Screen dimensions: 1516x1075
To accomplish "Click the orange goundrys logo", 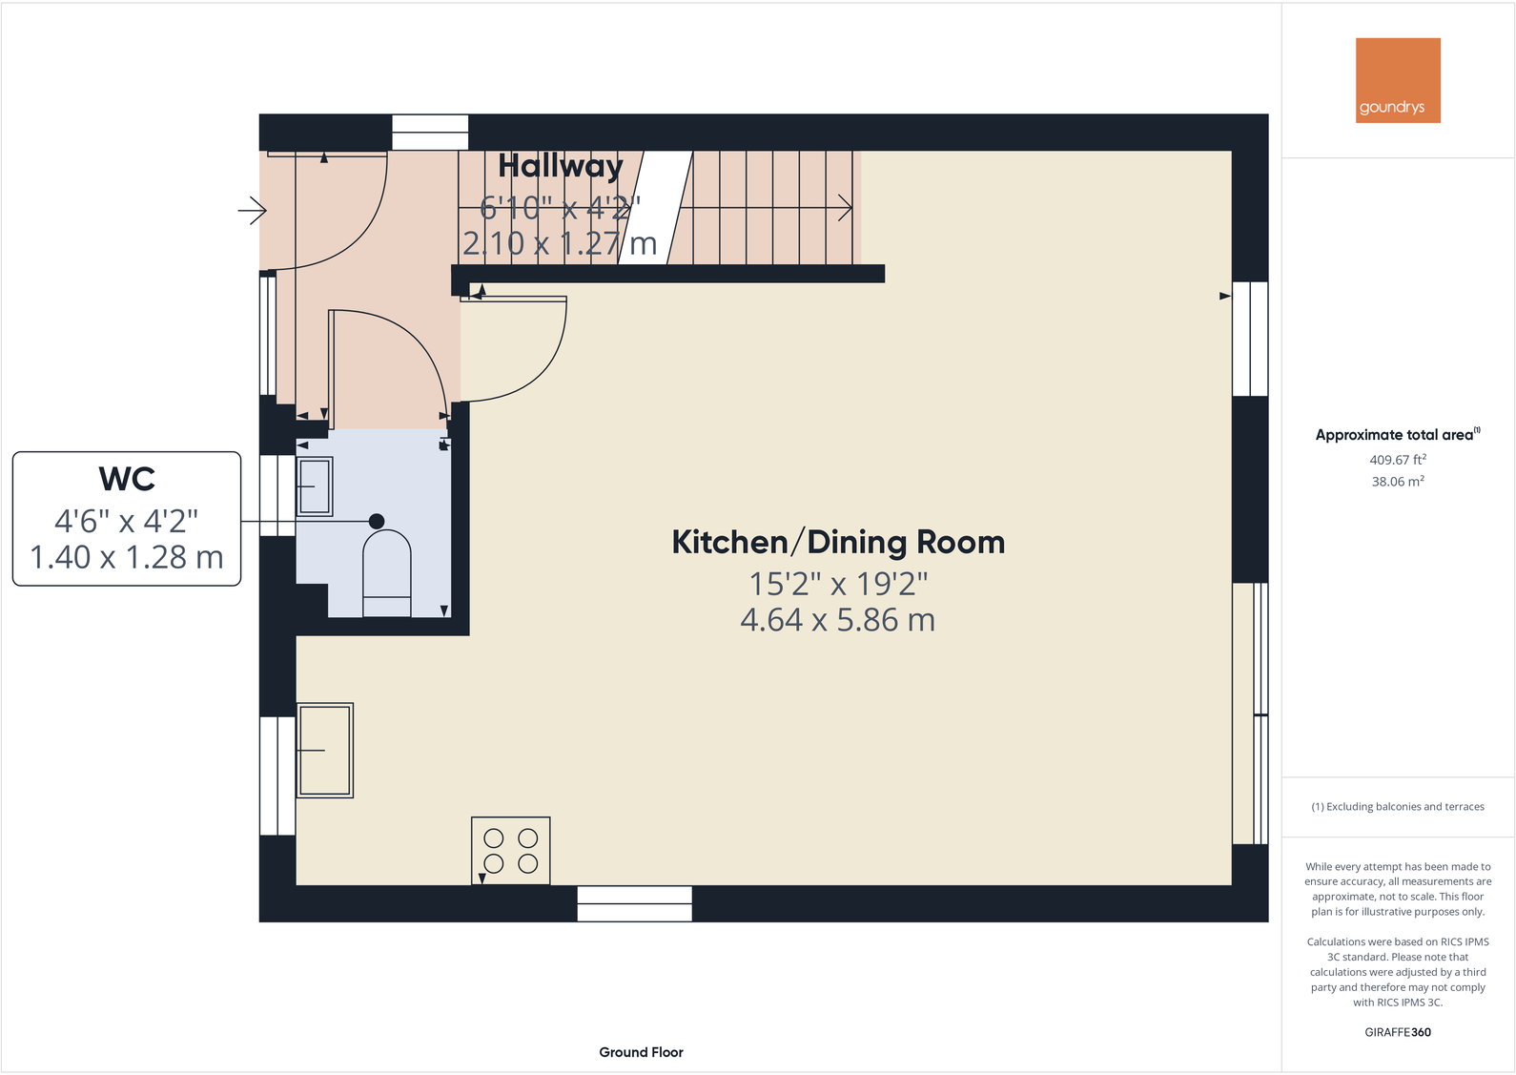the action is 1398,80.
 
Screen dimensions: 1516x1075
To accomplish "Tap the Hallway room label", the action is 561,166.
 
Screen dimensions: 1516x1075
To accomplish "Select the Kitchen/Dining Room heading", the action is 838,542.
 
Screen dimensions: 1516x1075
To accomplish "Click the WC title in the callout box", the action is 127,479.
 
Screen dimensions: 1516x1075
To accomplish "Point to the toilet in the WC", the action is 386,572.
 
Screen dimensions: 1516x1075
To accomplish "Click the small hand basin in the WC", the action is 314,486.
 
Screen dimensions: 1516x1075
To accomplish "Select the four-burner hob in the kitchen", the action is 510,850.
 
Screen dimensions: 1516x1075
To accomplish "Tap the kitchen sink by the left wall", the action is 324,750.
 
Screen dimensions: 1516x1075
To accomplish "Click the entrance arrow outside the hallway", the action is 253,211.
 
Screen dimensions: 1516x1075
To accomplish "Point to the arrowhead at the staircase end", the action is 846,208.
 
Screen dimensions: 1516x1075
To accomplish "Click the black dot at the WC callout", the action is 377,521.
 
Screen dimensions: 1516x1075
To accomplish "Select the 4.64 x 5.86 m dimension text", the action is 838,619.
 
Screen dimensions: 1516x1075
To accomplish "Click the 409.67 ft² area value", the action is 1398,460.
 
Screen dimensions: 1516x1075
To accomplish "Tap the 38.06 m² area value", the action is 1398,482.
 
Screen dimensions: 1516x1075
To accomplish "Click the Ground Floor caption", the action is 641,1052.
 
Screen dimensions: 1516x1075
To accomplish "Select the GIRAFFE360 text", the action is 1398,1032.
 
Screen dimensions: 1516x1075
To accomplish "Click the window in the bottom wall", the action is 634,903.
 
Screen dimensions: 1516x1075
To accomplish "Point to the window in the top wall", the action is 430,132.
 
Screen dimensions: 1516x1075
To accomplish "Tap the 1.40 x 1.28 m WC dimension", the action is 127,557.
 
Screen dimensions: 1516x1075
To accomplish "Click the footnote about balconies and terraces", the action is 1398,806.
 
